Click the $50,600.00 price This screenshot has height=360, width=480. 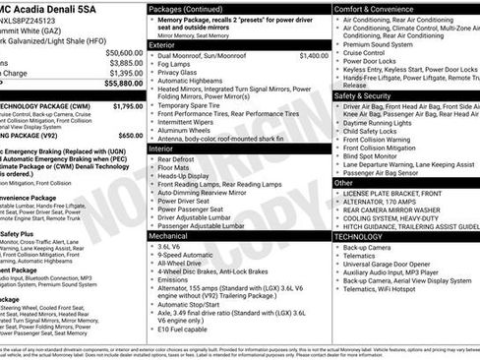[123, 52]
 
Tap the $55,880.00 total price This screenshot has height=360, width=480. [123, 85]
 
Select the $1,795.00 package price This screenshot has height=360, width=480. [128, 105]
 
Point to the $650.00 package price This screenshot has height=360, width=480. [130, 135]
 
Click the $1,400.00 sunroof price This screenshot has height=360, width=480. [313, 56]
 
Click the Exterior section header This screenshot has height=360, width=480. [163, 45]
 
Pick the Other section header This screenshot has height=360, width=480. [343, 182]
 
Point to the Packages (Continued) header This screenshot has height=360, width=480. [187, 8]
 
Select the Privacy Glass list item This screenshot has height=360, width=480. [179, 72]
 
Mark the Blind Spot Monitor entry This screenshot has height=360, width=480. [374, 155]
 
